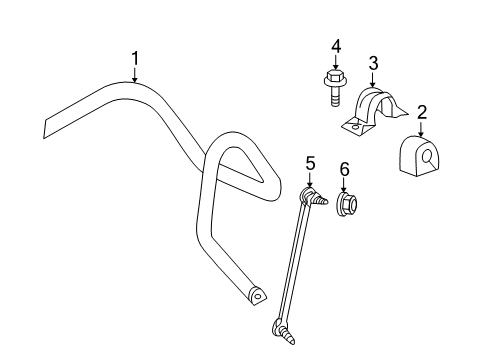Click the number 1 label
(x=135, y=59)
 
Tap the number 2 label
(x=422, y=114)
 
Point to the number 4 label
(x=337, y=45)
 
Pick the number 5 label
(x=311, y=163)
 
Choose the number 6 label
(x=346, y=171)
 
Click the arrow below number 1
(x=135, y=77)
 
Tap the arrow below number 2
(x=422, y=130)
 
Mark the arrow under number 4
(x=337, y=62)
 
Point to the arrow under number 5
(x=311, y=180)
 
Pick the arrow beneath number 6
(x=346, y=188)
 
